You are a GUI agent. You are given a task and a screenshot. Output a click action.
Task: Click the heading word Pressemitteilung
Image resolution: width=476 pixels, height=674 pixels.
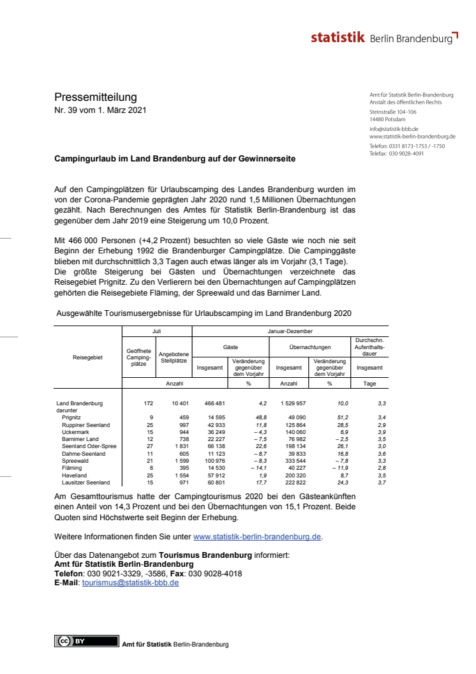tap(95, 98)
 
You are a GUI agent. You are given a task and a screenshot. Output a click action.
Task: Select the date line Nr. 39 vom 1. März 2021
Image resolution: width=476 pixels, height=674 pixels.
tap(100, 110)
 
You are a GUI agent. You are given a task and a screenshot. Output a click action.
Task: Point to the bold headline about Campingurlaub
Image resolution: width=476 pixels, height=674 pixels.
tap(174, 158)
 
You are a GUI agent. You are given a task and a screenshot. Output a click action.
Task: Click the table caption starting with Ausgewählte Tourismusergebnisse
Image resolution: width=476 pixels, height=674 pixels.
tap(204, 314)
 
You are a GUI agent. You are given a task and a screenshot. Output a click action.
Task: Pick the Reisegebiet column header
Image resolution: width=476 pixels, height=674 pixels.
tap(87, 357)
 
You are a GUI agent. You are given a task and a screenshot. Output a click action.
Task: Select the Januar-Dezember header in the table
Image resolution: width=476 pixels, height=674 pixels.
tap(290, 332)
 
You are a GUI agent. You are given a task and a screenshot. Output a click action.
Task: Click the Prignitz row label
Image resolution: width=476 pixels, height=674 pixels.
tap(72, 417)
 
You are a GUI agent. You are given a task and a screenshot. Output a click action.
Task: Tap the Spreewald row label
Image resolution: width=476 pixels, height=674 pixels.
tap(75, 460)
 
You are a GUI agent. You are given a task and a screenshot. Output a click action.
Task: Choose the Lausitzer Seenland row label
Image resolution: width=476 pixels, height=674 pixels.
tap(86, 483)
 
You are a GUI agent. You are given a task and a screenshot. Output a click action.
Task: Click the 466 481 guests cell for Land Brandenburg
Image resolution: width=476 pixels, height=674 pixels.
tap(211, 404)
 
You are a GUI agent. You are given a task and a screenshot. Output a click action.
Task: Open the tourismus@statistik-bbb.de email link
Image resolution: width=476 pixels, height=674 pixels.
tap(130, 583)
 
